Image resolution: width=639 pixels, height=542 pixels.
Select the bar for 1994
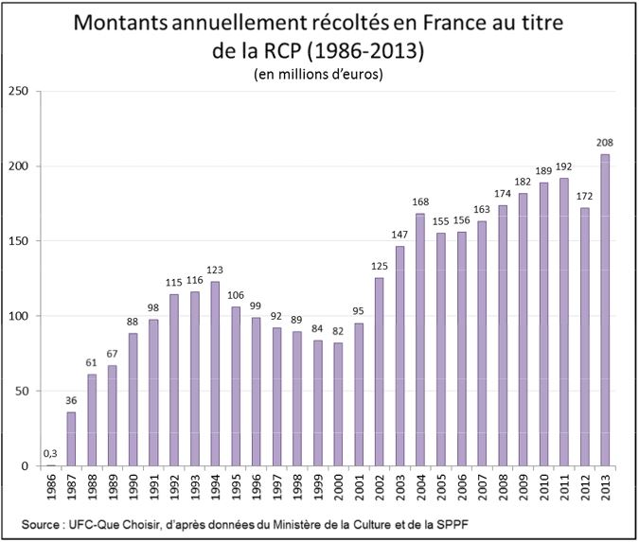tap(216, 374)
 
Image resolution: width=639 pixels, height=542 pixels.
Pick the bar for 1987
tap(72, 439)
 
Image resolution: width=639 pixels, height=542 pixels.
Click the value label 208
tap(605, 143)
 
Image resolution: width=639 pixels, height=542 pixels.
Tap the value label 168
tap(420, 202)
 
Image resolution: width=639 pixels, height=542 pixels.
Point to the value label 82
tap(339, 332)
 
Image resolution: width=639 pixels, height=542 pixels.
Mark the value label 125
tap(380, 266)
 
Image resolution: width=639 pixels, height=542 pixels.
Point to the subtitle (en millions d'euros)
tap(318, 75)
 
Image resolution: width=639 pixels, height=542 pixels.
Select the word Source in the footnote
tap(39, 523)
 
